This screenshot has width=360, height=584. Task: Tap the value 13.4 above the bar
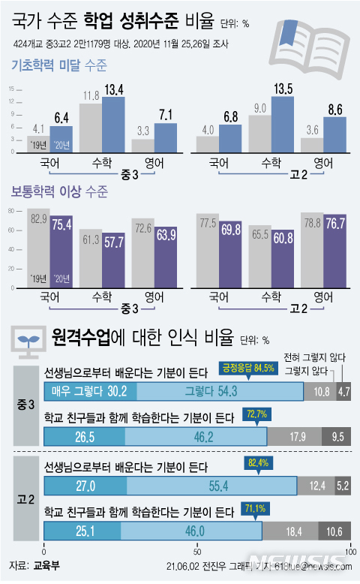(114, 91)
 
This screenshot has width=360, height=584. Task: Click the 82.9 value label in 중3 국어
(38, 218)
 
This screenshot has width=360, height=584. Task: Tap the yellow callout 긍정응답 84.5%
(244, 368)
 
